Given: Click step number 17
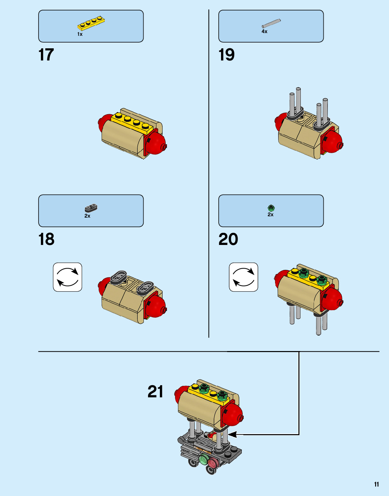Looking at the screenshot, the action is tap(46, 55).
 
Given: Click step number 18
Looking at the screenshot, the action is tap(46, 239).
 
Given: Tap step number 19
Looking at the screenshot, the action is tap(226, 55).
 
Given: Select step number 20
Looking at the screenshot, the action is tap(228, 239).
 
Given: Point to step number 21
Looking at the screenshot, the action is tap(155, 392).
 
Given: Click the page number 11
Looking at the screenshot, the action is tap(376, 484).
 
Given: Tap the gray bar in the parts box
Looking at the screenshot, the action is tap(271, 23).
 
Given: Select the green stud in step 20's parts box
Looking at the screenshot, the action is tap(271, 208).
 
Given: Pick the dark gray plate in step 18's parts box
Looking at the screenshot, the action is tap(91, 208).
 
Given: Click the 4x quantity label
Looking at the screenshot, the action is tap(264, 31).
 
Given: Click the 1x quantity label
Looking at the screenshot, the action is tap(80, 34).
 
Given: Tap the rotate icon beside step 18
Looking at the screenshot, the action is tap(68, 277).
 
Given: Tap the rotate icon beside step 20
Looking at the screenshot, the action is tap(244, 277).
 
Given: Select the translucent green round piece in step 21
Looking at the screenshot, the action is tap(204, 460).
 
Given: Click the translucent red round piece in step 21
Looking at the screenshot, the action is tap(213, 462).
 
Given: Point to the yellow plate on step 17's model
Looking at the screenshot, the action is tap(132, 122).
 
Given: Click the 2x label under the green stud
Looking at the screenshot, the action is tap(270, 215).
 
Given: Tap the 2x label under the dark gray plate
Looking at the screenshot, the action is tap(87, 216).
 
